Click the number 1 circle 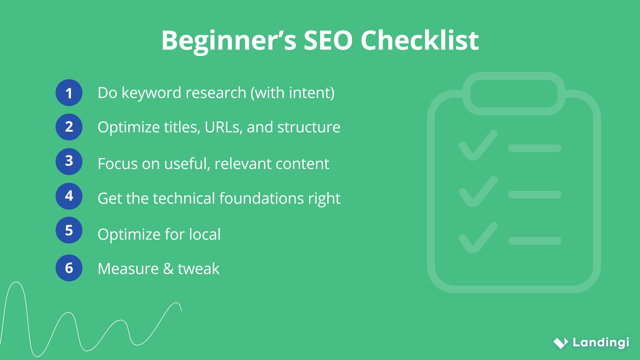point(69,93)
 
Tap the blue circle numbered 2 point(69,127)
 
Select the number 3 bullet point(69,161)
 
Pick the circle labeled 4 point(69,196)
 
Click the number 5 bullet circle point(69,230)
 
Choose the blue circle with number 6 point(69,268)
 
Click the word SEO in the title point(328,41)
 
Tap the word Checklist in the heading point(419,41)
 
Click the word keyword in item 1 point(150,93)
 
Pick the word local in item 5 point(205,234)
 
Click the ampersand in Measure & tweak point(168,269)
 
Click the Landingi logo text point(601,342)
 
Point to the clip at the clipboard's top point(514,94)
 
